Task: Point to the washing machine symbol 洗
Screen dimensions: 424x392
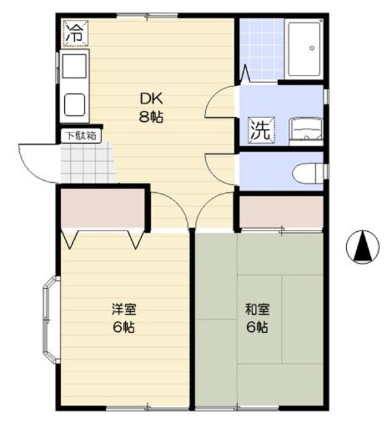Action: (260, 129)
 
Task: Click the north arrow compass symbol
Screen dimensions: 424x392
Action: (363, 247)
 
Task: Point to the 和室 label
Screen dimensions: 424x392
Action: (257, 309)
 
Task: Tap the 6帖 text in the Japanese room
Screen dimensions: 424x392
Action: (257, 327)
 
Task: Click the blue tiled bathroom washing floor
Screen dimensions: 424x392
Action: (261, 49)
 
